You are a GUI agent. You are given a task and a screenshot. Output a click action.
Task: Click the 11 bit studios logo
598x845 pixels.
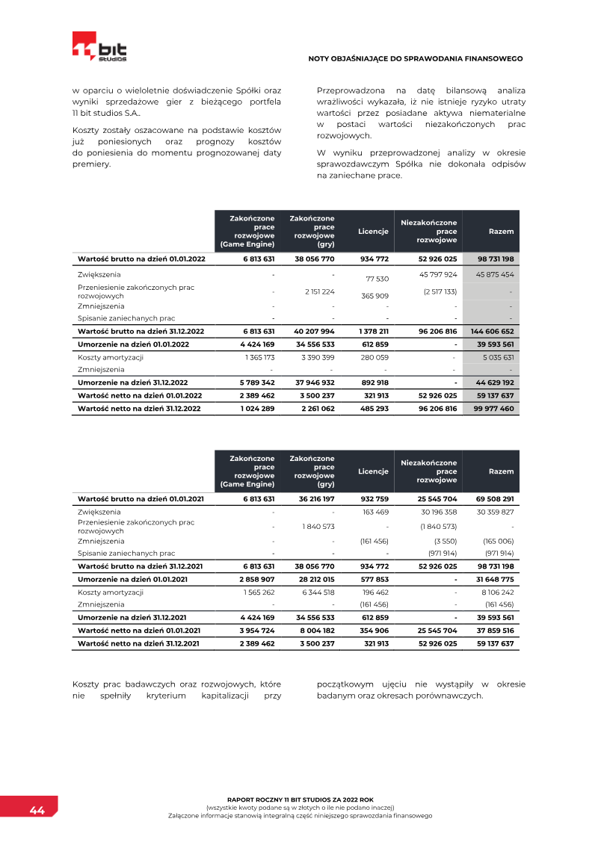[x=99, y=46]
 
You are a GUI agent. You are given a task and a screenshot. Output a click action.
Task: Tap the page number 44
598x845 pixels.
[x=37, y=811]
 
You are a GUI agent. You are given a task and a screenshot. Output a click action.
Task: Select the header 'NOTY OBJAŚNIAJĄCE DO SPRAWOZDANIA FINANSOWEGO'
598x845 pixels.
[x=416, y=58]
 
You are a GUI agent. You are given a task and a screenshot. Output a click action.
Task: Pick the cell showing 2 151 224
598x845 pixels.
[x=318, y=291]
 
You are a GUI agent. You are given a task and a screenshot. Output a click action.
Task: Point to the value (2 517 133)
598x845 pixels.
[x=440, y=291]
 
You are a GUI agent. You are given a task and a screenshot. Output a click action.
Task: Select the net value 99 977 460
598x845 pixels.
[x=493, y=409]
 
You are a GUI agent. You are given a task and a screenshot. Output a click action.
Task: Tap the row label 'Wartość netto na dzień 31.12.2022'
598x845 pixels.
[x=140, y=409]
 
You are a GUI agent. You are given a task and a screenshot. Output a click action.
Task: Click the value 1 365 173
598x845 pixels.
[x=259, y=357]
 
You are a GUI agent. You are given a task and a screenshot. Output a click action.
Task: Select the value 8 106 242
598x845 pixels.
[x=496, y=592]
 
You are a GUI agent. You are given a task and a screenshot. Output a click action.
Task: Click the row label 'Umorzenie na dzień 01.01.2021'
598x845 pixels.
[x=132, y=579]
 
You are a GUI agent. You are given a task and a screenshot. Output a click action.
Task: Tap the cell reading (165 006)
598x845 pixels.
[x=498, y=541]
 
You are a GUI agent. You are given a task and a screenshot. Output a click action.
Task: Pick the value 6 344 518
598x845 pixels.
[x=318, y=592]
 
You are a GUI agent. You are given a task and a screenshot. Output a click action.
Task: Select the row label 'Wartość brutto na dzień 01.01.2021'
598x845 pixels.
[x=140, y=498]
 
